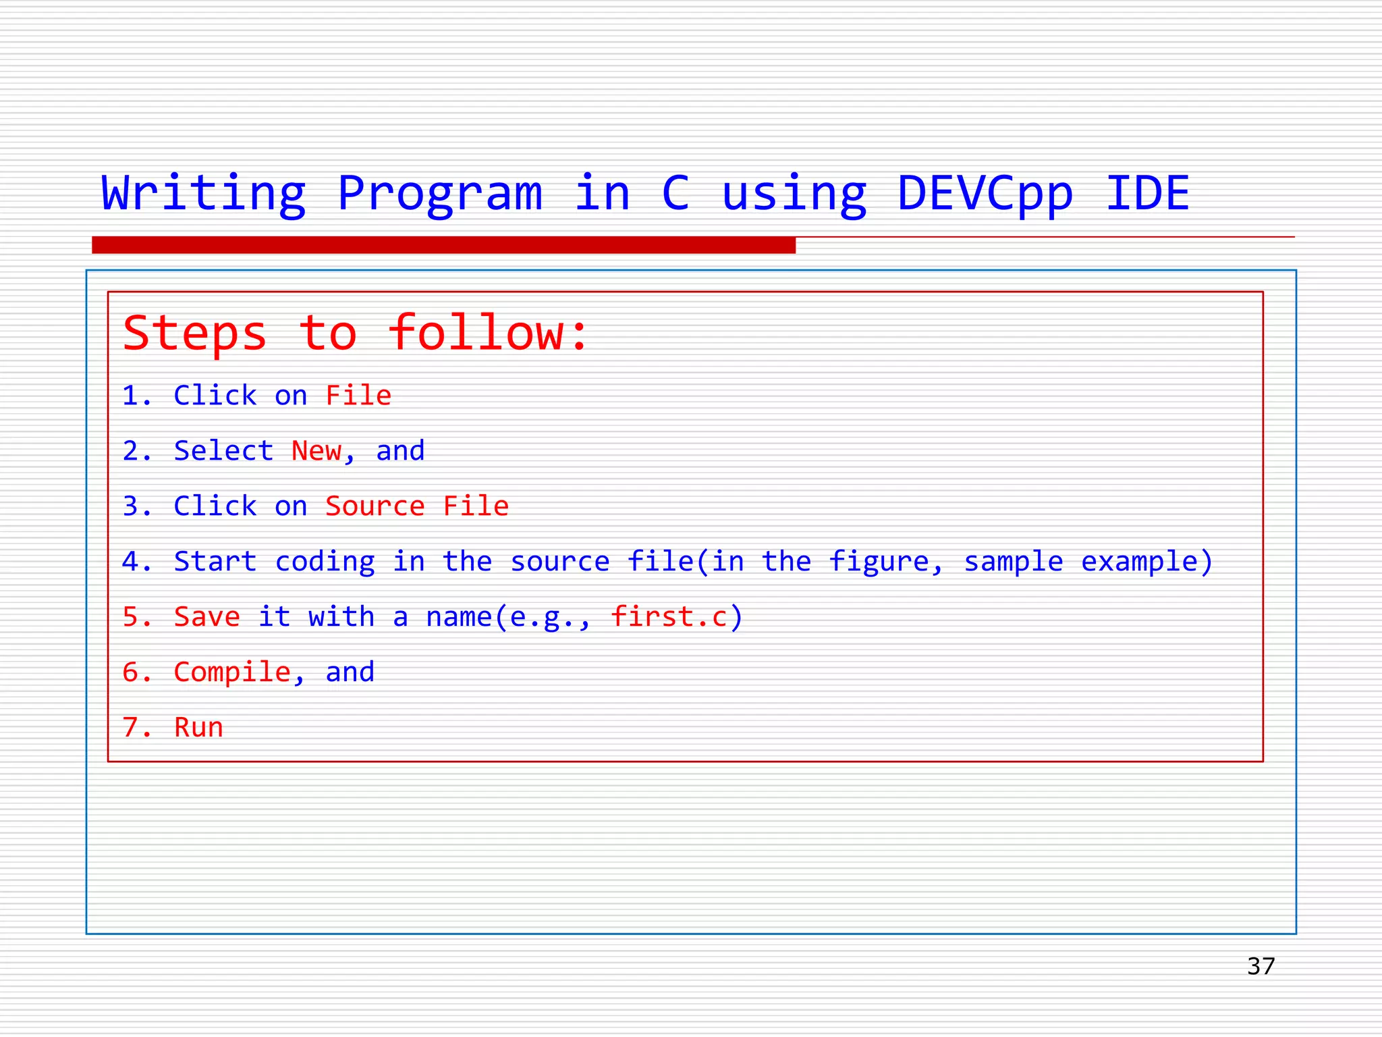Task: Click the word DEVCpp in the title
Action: coord(985,194)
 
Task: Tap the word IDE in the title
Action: coord(1147,194)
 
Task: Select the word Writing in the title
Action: coord(203,194)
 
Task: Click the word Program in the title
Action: coord(439,194)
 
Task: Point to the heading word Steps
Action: coord(195,334)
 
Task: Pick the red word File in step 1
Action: coord(358,396)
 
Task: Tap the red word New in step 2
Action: coord(316,451)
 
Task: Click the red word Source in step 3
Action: coord(375,506)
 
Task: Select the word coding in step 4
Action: coord(325,562)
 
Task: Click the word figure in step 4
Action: coord(879,562)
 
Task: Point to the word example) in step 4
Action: coord(1146,562)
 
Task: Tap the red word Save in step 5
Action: coord(206,617)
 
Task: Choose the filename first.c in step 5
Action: coord(669,617)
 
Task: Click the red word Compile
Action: coord(231,672)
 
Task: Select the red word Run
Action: coord(198,728)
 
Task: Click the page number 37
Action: coord(1261,966)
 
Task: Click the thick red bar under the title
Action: coord(443,245)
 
